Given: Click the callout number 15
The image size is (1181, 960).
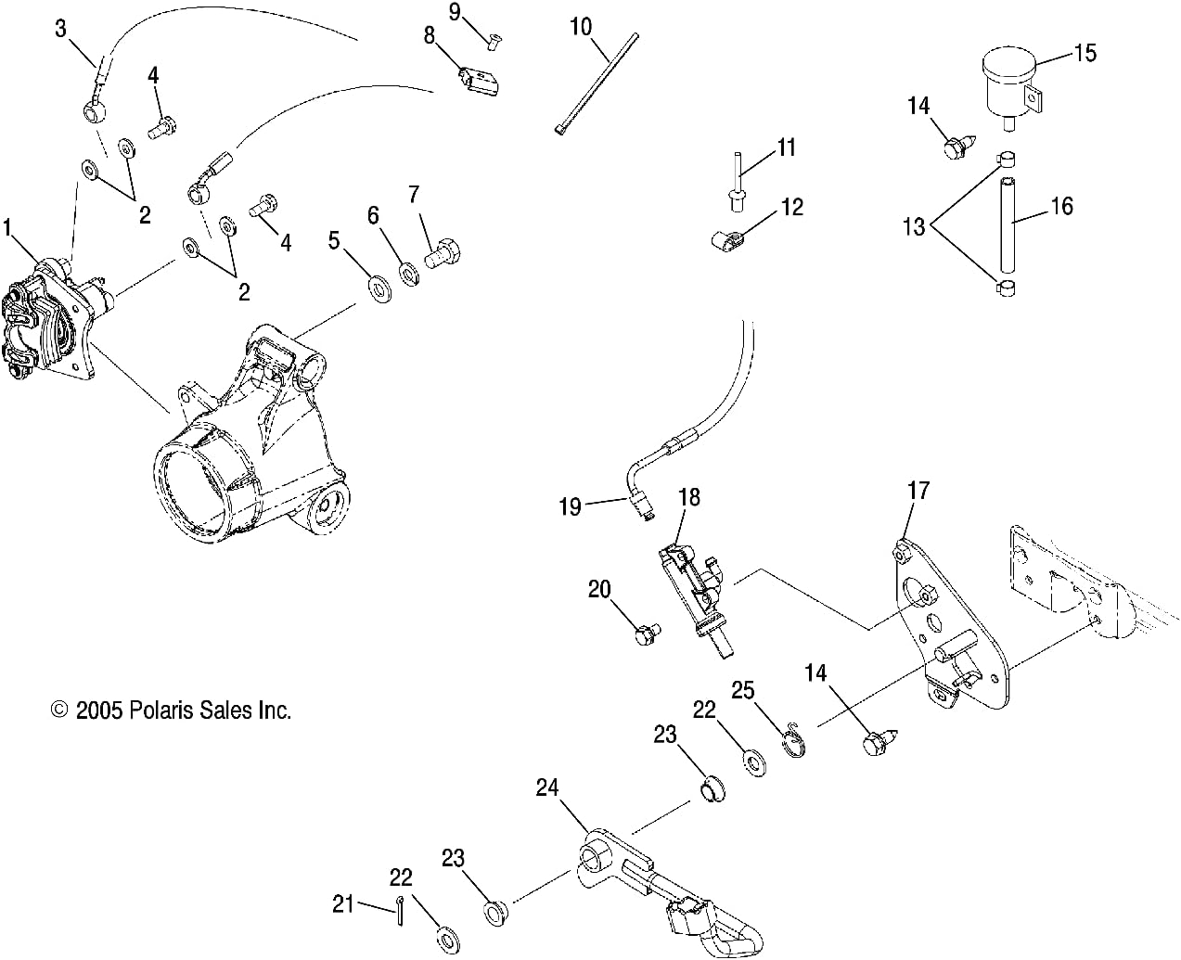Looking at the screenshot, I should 1085,53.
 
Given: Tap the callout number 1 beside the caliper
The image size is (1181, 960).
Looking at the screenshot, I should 8,225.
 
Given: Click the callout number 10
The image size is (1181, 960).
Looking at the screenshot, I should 581,26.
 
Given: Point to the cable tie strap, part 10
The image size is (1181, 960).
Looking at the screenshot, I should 598,83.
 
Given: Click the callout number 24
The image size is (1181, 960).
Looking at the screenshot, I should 548,788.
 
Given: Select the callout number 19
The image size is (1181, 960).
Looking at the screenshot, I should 570,506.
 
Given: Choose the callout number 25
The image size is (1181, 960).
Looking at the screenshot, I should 743,690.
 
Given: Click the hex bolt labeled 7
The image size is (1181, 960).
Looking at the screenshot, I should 443,251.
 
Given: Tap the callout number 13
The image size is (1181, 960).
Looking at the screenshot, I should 914,225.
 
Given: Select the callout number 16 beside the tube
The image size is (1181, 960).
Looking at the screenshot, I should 1060,206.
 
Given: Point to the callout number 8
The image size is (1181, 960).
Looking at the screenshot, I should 430,36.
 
